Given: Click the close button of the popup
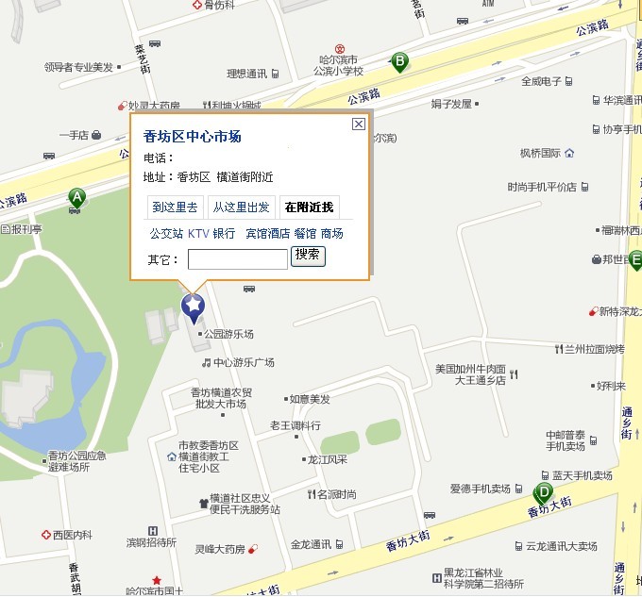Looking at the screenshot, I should pyautogui.click(x=358, y=124).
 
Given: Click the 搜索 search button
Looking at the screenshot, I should pyautogui.click(x=308, y=256).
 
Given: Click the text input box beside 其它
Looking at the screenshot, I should pyautogui.click(x=237, y=258).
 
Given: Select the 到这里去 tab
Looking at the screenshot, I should pyautogui.click(x=175, y=207).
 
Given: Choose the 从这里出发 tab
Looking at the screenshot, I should pyautogui.click(x=241, y=207).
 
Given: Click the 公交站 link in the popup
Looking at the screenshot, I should pyautogui.click(x=166, y=234).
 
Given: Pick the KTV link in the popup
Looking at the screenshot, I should pyautogui.click(x=197, y=234).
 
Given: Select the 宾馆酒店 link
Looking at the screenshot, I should pyautogui.click(x=267, y=234).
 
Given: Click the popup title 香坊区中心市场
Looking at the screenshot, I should pyautogui.click(x=193, y=137).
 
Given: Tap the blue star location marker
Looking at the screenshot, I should pyautogui.click(x=193, y=307).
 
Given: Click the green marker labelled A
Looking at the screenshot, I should pyautogui.click(x=76, y=197).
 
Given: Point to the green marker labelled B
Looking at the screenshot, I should pyautogui.click(x=399, y=62).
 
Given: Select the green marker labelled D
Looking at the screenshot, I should pyautogui.click(x=543, y=491).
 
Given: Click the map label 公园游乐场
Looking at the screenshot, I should pyautogui.click(x=228, y=334).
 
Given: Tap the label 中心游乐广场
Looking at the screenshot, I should pyautogui.click(x=243, y=362).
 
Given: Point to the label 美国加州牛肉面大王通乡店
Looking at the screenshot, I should pyautogui.click(x=469, y=374).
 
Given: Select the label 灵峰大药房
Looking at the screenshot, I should pyautogui.click(x=220, y=549).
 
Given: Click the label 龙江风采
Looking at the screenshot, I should pyautogui.click(x=327, y=460).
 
